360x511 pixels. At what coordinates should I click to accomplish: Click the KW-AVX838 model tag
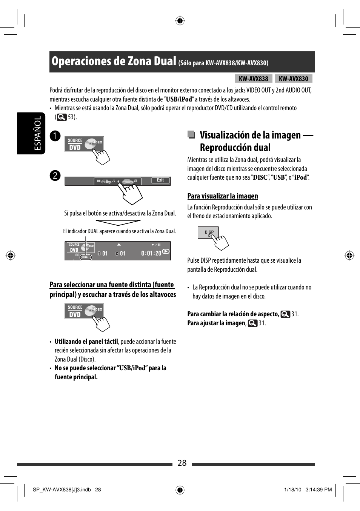point(253,78)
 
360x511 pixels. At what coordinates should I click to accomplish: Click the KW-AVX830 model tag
point(293,78)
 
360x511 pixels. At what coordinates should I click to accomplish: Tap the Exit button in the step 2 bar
point(160,180)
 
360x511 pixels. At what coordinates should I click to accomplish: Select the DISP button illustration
point(208,232)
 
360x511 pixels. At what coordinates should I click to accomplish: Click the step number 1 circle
point(55,136)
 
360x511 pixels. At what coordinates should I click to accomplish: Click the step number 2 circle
point(55,175)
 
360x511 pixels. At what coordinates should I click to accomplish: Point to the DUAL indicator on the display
point(86,257)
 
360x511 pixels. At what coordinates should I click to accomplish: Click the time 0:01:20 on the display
point(151,253)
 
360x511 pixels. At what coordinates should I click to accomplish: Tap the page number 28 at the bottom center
point(182,463)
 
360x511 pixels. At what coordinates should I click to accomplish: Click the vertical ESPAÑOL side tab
point(38,133)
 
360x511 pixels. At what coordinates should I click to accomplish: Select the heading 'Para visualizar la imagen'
point(223,196)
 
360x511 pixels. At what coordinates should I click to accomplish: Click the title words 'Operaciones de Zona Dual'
point(114,61)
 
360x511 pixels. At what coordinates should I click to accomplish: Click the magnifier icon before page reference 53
point(62,117)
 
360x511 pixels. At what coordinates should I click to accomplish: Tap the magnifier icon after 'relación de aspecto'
point(285,314)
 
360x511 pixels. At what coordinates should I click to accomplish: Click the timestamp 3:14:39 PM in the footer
point(318,489)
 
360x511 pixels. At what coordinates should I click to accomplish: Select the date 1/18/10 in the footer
point(293,489)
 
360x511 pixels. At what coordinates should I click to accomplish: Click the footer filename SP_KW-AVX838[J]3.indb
point(62,489)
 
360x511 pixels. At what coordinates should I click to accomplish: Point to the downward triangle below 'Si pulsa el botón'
point(118,223)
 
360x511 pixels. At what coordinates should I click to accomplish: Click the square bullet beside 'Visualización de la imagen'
point(191,135)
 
